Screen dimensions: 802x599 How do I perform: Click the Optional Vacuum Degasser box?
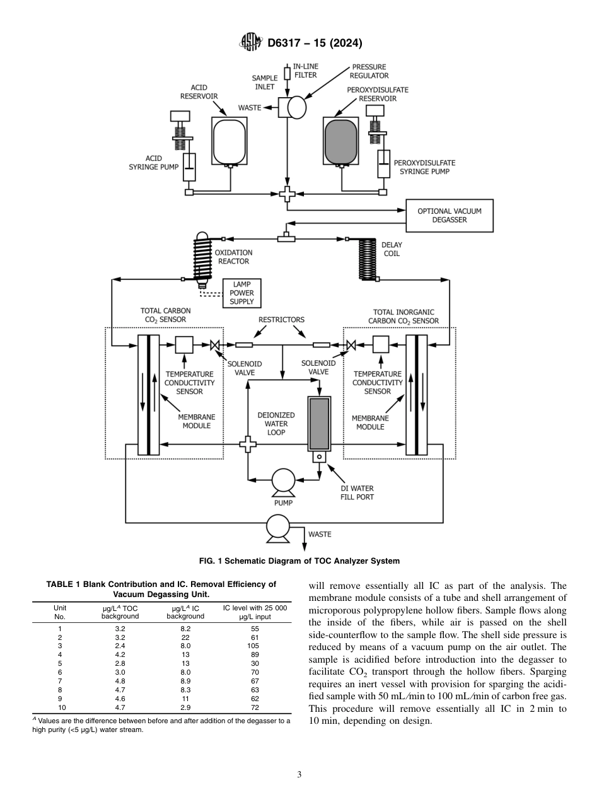point(450,216)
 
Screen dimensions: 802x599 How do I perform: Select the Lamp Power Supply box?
point(242,293)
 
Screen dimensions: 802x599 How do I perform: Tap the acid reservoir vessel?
point(227,141)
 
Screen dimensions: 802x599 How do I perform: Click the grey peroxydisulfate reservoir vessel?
point(341,141)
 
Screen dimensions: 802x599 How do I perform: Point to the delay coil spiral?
point(367,259)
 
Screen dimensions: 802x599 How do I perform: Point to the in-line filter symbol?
point(288,74)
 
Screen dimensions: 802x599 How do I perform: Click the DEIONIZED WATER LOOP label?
point(276,424)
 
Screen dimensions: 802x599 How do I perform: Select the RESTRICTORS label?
point(281,320)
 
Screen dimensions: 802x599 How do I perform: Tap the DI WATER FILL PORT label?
point(357,492)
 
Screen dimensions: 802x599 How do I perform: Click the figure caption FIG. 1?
point(299,561)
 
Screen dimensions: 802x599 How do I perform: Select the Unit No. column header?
point(60,612)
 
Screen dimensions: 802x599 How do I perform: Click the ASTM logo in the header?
point(251,43)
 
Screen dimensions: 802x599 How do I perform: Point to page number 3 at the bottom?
point(299,774)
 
